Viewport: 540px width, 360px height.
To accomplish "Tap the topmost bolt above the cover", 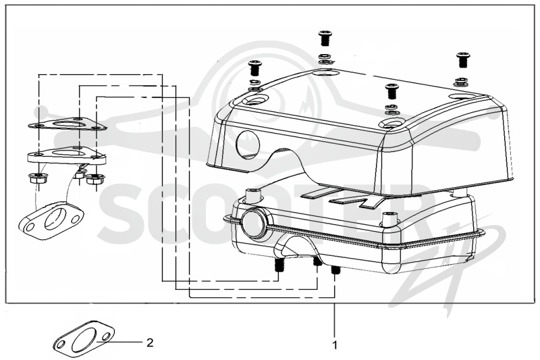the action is (x=325, y=38).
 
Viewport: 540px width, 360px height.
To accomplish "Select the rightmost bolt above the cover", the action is (x=462, y=60).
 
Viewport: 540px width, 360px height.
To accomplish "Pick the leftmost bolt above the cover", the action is (x=254, y=68).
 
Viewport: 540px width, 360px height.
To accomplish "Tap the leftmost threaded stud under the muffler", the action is (x=279, y=265).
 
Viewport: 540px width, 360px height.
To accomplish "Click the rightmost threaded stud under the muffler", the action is (x=334, y=269).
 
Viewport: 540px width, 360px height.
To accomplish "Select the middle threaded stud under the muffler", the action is (x=317, y=262).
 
